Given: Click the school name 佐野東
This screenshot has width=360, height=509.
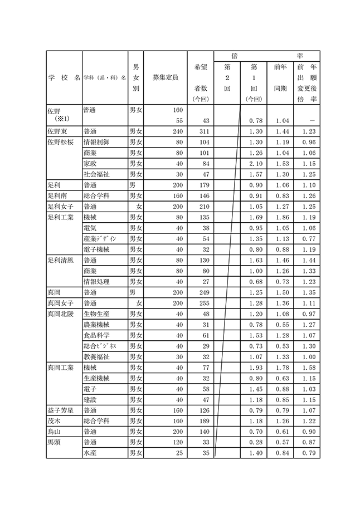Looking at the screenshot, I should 59,131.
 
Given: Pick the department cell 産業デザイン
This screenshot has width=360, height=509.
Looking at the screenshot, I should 100,239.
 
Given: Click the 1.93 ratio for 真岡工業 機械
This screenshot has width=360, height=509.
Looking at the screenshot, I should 255,368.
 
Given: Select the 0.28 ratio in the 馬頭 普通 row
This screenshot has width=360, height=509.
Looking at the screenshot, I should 255,442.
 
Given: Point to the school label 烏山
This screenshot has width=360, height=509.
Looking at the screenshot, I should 55,432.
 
